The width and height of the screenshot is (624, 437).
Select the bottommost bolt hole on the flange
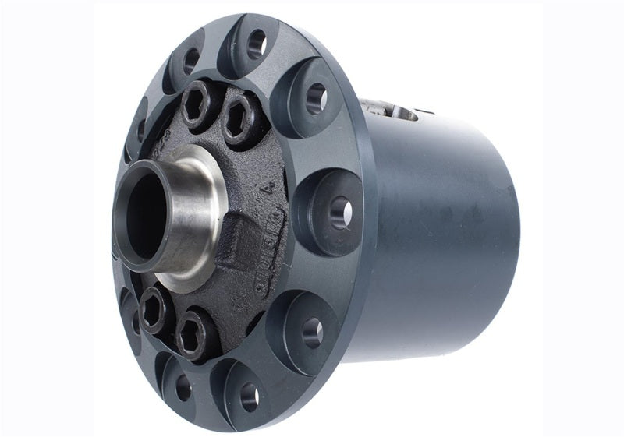250,397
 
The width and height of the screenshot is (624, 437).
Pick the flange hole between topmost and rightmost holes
316,97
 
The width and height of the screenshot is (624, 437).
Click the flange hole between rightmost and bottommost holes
312,331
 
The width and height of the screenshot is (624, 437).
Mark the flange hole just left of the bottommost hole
183,387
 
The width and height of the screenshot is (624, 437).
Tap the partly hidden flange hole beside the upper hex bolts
141,129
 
